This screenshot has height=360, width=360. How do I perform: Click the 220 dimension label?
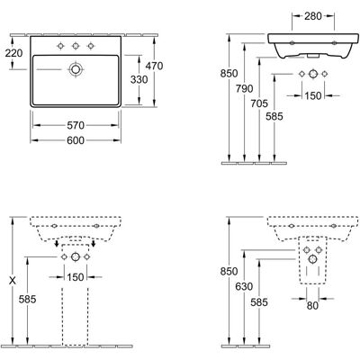coord(13,53)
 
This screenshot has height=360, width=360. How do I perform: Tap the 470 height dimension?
coord(154,66)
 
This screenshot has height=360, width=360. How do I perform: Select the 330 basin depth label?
coord(139,79)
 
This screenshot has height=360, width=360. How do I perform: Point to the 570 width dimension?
coord(76,125)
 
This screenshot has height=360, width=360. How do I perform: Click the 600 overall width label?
coord(76,140)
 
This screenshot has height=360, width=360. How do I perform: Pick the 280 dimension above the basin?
coord(313,16)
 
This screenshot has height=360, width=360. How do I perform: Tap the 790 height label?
coord(244,88)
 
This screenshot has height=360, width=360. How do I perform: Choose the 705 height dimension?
coord(259,103)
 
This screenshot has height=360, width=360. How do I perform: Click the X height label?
coord(13,281)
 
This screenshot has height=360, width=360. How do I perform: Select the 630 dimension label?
coord(244,286)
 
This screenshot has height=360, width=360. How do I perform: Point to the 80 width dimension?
coord(312,306)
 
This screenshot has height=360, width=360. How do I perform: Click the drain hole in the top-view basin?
coord(76,69)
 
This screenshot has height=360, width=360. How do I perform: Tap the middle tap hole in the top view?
coord(76,46)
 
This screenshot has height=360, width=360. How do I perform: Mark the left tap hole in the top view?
coord(61,46)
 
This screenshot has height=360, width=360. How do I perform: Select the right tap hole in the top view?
coord(90,46)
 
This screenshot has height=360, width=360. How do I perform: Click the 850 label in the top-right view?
coord(229,74)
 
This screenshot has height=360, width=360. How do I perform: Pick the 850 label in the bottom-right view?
coord(229,272)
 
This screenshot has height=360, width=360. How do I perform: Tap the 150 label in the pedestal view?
coord(76,277)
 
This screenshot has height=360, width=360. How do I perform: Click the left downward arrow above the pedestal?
coord(57,243)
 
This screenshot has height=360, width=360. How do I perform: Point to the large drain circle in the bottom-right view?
coord(312,259)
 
